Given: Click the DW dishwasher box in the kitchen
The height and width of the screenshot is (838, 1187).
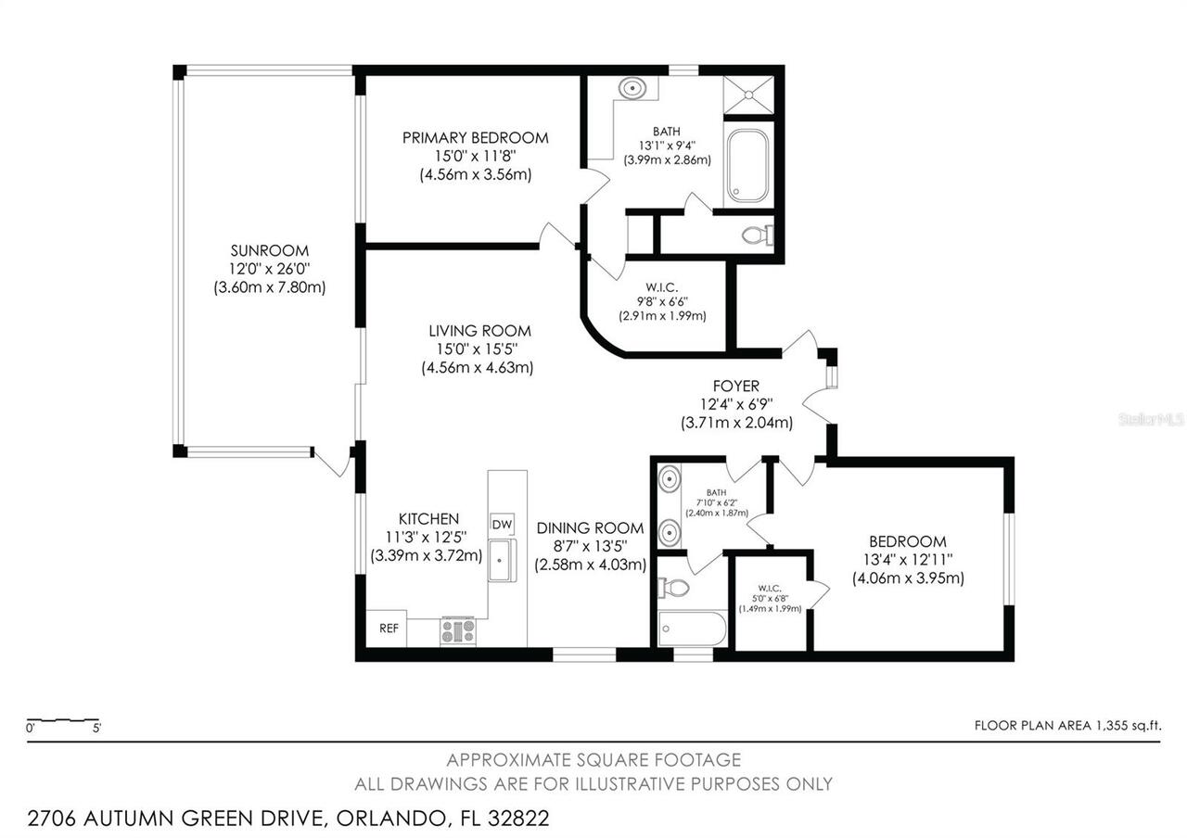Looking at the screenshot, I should tap(502, 525).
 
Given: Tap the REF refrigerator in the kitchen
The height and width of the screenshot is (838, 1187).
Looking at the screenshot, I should tap(389, 628).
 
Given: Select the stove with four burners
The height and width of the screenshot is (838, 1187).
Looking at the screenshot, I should tap(457, 631).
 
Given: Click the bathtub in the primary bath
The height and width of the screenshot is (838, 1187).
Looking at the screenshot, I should tap(747, 166).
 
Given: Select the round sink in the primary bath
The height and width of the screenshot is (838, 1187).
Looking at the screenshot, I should tap(632, 89).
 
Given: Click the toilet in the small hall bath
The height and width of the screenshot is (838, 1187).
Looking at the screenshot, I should tap(675, 587).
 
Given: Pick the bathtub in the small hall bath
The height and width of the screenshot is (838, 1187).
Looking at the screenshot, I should tap(692, 628).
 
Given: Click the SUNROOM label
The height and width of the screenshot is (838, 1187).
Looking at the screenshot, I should tap(269, 250).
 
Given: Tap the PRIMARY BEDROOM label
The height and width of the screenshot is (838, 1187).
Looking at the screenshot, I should tap(475, 138).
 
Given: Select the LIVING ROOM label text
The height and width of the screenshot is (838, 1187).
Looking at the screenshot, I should tap(479, 331).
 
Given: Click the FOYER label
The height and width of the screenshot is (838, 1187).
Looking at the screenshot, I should tap(736, 387).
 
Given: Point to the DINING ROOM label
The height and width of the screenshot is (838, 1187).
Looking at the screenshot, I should tap(590, 528).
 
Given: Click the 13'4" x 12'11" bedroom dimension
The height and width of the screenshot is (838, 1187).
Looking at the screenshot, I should tap(907, 560).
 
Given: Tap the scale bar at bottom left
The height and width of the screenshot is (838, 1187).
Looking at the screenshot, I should tap(63, 720).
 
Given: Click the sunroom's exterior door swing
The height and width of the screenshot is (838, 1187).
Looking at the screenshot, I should tap(331, 462).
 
